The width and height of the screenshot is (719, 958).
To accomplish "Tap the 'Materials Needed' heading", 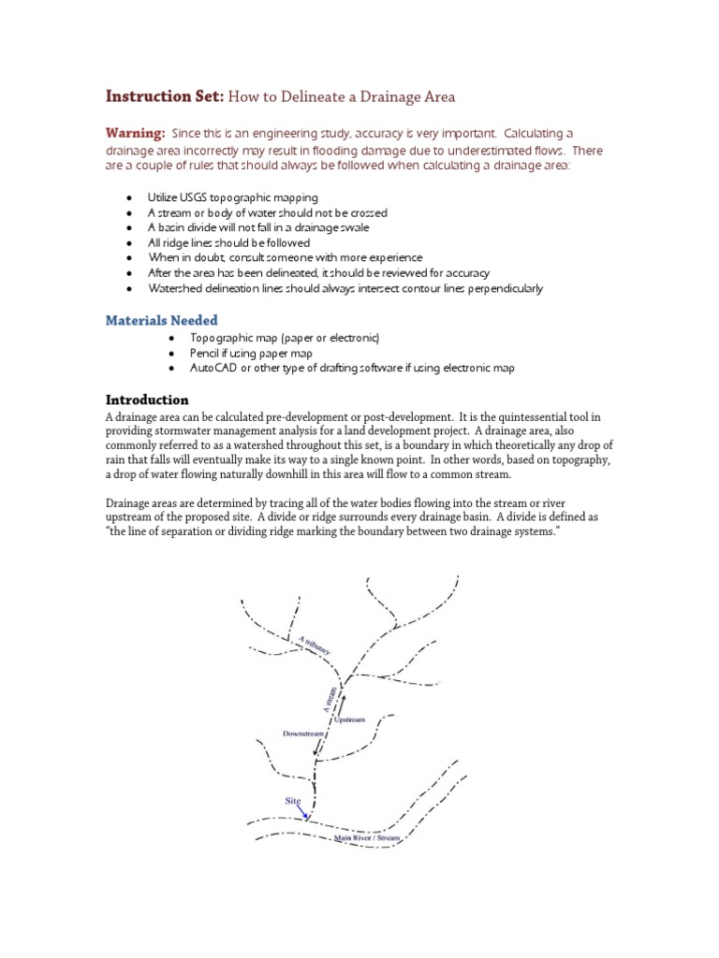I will coord(160,320).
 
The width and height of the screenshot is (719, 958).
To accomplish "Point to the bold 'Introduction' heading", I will coord(147,399).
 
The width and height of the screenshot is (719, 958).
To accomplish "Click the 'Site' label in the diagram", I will coord(294,801).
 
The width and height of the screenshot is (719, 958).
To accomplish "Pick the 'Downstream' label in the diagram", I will coord(304,733).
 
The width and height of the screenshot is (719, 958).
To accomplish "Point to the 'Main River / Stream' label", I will coord(367,838).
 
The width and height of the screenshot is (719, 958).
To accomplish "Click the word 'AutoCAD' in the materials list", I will coord(213,368).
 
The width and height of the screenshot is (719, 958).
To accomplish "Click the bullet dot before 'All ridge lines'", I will coord(128,243).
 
